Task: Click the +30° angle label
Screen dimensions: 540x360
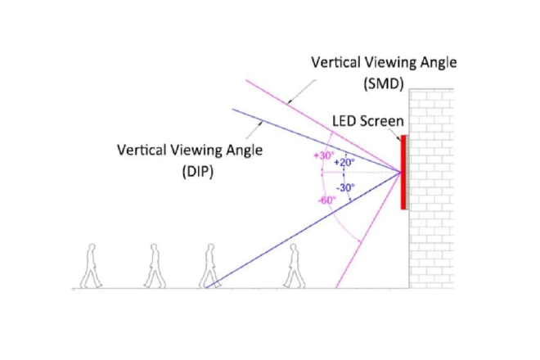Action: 324,155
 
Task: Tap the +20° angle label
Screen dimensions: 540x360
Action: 344,162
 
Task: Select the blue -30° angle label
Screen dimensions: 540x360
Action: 345,187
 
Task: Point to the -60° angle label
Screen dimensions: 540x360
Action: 326,200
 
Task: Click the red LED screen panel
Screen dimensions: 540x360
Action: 403,173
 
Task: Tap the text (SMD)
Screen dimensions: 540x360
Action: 384,83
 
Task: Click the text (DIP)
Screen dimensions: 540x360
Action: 198,171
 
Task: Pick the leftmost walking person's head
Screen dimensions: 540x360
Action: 92,248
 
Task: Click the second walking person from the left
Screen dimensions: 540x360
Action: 155,266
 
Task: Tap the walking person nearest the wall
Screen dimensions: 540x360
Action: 294,266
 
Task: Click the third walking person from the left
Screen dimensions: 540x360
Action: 210,266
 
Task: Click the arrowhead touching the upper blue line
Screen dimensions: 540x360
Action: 260,123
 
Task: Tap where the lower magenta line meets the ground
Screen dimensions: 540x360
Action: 335,288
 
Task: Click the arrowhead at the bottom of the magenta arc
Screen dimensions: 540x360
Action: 358,241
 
